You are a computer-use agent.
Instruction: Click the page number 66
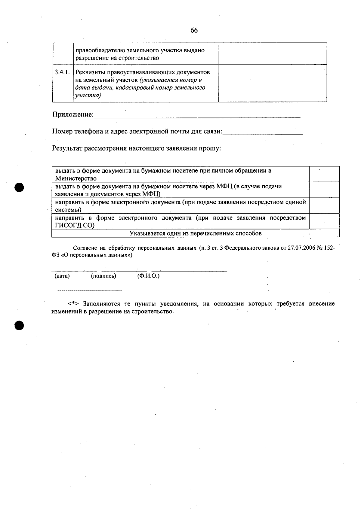194,30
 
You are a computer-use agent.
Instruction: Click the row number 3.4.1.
62,72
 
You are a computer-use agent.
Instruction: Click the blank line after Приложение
197,117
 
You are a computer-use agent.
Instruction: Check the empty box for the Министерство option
324,174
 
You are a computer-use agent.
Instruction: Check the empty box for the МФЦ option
324,190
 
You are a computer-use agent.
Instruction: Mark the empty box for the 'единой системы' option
324,206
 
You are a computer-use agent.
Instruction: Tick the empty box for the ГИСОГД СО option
324,221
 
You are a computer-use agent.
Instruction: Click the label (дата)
62,276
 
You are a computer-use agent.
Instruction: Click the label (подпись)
103,276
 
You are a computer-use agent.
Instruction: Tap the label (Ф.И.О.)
148,276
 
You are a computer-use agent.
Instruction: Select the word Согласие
85,248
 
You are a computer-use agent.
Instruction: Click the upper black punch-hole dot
19,187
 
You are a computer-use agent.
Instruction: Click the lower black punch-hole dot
19,325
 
